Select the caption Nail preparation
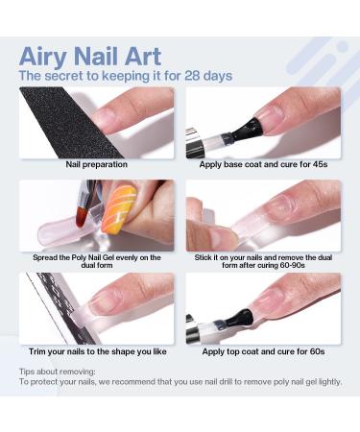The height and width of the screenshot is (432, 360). (x=97, y=165)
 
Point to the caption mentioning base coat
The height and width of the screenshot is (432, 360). (x=262, y=165)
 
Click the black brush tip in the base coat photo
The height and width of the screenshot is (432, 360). (x=236, y=134)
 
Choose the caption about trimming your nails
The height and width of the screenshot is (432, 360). (x=97, y=351)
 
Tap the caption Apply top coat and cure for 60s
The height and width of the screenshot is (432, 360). (x=262, y=351)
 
